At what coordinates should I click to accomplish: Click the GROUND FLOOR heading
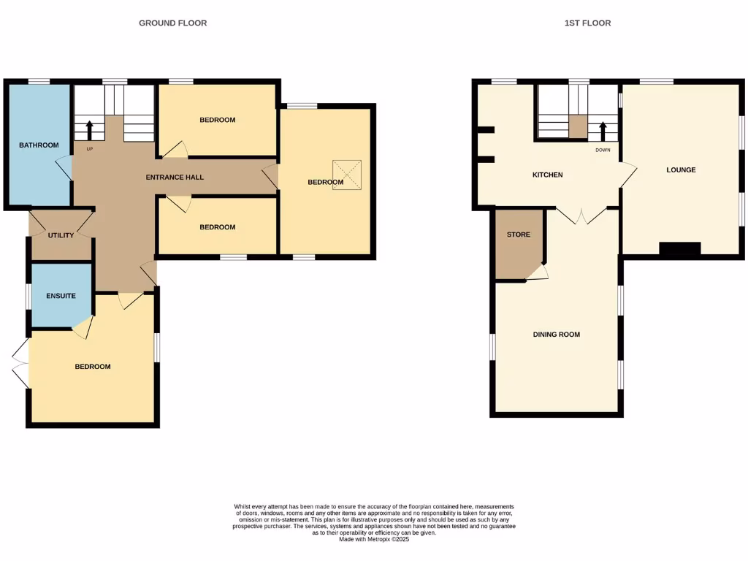pos(173,23)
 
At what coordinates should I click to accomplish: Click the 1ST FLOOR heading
pos(587,23)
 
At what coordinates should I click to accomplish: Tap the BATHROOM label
pos(39,145)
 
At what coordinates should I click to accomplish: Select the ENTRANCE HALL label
pos(175,178)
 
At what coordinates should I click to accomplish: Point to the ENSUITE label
pos(61,296)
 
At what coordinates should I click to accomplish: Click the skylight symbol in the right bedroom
pos(347,175)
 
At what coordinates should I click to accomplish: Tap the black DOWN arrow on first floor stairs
pos(603,131)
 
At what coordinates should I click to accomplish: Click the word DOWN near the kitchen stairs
pos(603,149)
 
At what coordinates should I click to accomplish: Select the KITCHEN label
pos(547,175)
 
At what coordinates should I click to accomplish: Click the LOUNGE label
pos(681,170)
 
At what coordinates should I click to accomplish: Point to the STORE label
pos(519,234)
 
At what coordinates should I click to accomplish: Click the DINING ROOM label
pos(557,335)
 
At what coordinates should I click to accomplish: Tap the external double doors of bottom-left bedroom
pos(20,365)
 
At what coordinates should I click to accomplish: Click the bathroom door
pos(64,168)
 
